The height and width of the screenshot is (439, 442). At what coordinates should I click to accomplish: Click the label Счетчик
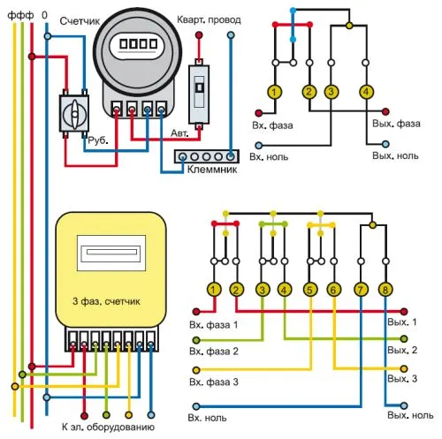pos(80,21)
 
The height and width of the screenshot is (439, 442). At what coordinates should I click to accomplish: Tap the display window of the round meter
pos(138,45)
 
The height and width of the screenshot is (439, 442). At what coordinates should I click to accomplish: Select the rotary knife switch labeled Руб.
pos(74,113)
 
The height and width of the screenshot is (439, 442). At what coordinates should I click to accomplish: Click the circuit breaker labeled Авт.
pos(199,95)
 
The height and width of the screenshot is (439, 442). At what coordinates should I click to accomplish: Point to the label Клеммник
pos(212,170)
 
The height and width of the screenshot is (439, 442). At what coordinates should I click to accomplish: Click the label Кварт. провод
pos(209,19)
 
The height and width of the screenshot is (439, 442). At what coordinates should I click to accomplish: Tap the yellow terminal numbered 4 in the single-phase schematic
pos(366,92)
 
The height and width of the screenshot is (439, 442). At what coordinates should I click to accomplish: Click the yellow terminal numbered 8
pos(385,290)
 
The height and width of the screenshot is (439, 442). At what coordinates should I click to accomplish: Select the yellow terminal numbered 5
pos(310,290)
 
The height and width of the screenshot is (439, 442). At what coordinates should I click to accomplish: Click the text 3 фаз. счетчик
pos(106,301)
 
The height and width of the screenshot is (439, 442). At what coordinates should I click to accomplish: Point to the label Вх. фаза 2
pos(214,352)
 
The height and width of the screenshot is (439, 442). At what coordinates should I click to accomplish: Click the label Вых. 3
pos(402,378)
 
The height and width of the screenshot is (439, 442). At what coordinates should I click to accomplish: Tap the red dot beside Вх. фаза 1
pos(196,311)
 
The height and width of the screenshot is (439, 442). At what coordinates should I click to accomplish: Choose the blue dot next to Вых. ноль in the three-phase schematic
pos(404,405)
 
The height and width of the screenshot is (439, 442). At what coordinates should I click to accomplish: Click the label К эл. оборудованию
pos(108,428)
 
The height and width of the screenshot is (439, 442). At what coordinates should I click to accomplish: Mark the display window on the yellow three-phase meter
pos(111,253)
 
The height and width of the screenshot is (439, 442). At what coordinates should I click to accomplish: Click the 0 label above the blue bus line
pos(44,15)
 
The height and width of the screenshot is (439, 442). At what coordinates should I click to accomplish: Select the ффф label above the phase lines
pos(20,15)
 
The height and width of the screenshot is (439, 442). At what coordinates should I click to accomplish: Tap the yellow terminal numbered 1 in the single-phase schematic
pos(275,92)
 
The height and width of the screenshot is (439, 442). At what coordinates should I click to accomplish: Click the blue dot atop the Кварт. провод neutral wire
pos(231,35)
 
